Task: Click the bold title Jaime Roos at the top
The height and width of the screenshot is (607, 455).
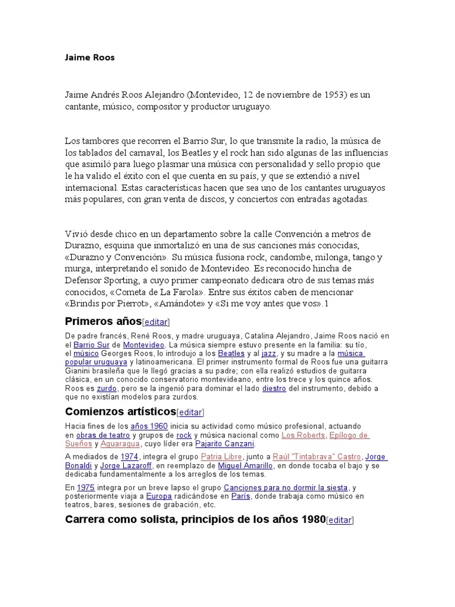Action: [x=89, y=58]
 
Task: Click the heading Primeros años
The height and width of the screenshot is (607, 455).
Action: [x=102, y=321]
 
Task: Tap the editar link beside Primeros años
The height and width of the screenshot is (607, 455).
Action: [x=156, y=322]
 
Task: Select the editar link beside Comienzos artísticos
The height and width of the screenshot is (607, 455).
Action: [x=190, y=412]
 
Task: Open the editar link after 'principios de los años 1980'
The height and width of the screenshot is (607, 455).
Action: [x=340, y=520]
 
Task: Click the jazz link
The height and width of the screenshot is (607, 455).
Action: [x=269, y=353]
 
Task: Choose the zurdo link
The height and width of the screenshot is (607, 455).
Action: [x=107, y=388]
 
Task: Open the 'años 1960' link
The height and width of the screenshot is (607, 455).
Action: [x=149, y=426]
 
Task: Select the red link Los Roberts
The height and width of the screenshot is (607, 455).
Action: [x=303, y=435]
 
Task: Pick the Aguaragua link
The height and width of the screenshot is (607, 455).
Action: [x=120, y=443]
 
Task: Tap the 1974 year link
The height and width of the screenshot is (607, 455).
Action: [x=129, y=456]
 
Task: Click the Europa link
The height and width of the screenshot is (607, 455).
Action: [x=158, y=496]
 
